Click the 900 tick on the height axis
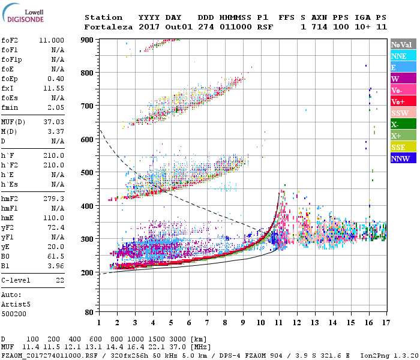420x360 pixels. coord(88,40)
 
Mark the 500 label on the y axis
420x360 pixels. coord(88,173)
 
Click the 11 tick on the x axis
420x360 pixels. coord(279,323)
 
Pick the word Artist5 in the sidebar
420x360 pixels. coord(16,304)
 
